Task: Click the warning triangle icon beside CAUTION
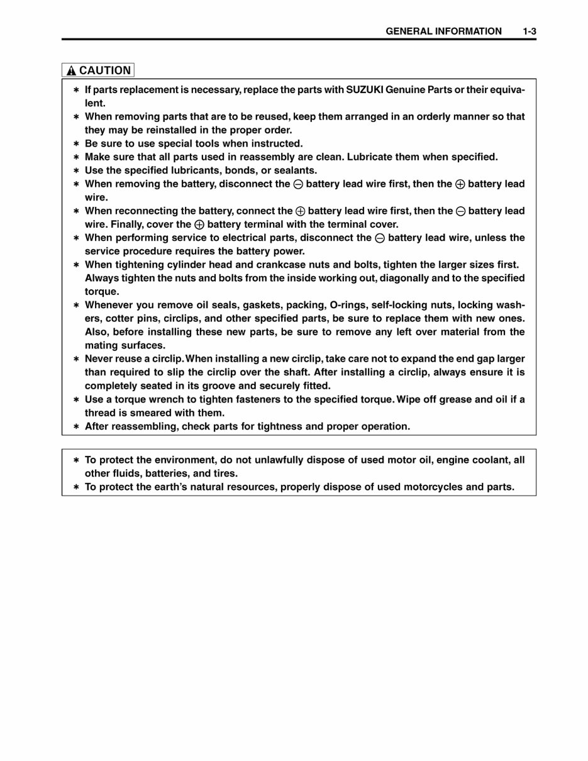pyautogui.click(x=71, y=71)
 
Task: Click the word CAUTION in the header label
pyautogui.click(x=105, y=70)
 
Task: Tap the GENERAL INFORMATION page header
pyautogui.click(x=443, y=31)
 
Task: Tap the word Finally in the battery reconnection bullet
pyautogui.click(x=123, y=225)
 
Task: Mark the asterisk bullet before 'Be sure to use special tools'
pyautogui.click(x=76, y=144)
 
